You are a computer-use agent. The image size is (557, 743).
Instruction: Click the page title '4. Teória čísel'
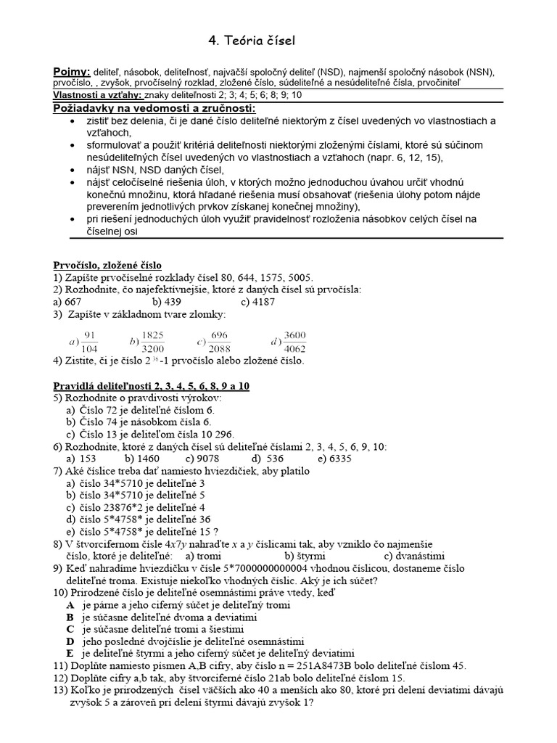click(251, 39)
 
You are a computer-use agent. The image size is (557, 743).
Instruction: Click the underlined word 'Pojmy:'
click(72, 72)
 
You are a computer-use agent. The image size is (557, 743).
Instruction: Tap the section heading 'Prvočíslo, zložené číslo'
click(108, 265)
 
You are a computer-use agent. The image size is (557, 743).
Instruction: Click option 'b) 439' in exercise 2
click(166, 302)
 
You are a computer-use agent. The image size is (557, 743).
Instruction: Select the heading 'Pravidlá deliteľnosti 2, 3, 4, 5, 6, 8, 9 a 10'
click(152, 386)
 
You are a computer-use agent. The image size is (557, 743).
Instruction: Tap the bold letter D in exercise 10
click(70, 641)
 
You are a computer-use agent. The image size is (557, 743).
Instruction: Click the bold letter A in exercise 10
click(70, 604)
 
